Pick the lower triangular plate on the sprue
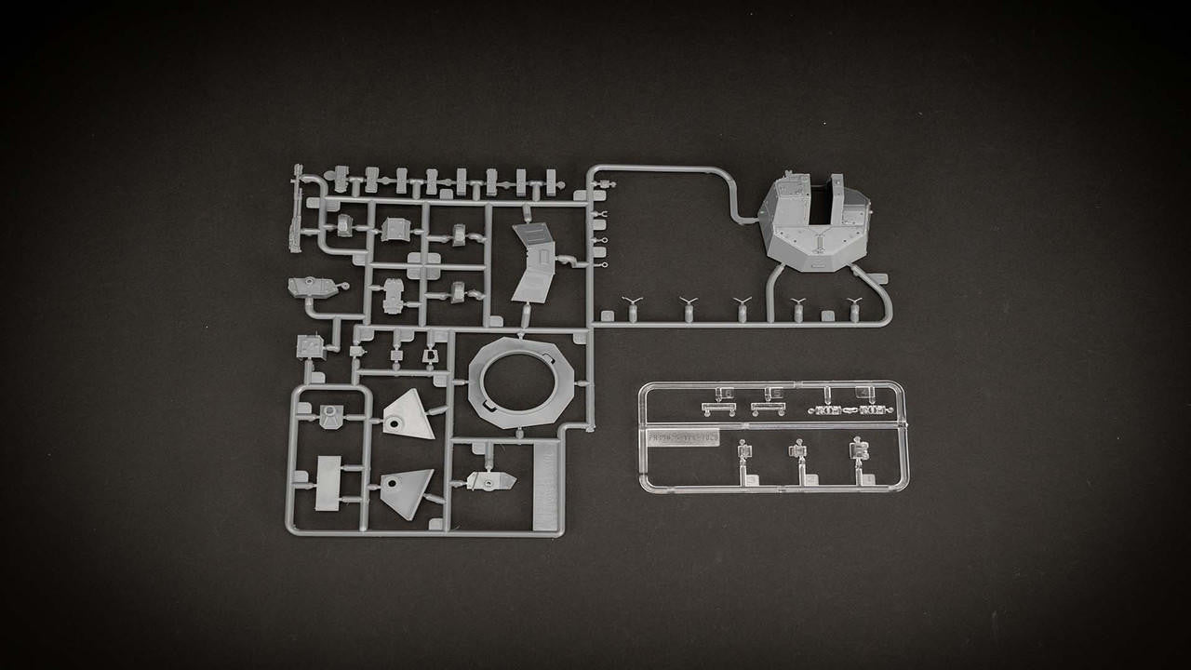coord(408,492)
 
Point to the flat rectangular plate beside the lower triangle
coord(328,483)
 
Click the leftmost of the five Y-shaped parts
coord(633,306)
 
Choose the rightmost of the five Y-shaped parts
coord(854,307)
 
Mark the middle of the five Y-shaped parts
coord(742,307)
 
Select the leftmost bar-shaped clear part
coord(718,408)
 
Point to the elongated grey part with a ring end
coord(314,288)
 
